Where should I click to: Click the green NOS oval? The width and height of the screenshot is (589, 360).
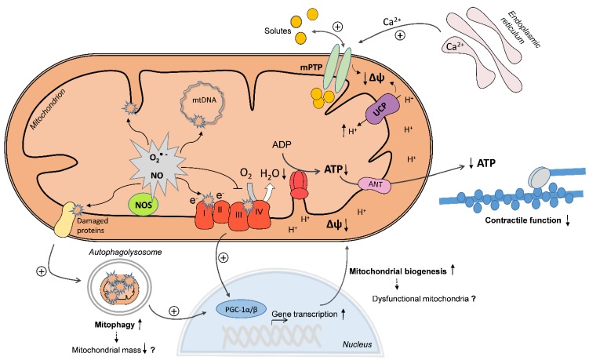(x=143, y=205)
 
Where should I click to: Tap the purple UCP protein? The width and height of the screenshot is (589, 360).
(x=382, y=109)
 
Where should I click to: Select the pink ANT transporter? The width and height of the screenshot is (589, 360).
(x=375, y=184)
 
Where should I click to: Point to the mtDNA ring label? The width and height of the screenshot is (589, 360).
(x=205, y=100)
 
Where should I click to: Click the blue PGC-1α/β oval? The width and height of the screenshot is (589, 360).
(x=241, y=310)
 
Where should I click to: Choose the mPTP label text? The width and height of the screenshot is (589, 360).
(x=311, y=68)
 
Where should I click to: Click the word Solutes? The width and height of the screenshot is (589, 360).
(x=278, y=31)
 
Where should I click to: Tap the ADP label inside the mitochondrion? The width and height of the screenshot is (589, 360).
(x=282, y=144)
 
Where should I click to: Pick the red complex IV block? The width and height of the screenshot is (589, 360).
(x=259, y=214)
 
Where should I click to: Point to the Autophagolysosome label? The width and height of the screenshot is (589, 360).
(x=125, y=252)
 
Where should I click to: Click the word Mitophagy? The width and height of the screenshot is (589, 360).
(x=115, y=325)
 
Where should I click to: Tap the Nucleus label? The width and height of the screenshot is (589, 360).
(x=357, y=344)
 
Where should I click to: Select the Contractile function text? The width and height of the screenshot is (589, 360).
(x=523, y=220)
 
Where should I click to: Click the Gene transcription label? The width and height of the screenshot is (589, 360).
(x=304, y=314)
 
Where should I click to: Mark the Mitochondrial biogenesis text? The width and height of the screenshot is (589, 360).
(x=398, y=271)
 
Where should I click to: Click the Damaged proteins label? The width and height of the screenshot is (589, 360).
(x=93, y=225)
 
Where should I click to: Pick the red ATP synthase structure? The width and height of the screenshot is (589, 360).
(x=300, y=184)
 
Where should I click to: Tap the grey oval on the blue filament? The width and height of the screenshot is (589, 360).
(x=540, y=176)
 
